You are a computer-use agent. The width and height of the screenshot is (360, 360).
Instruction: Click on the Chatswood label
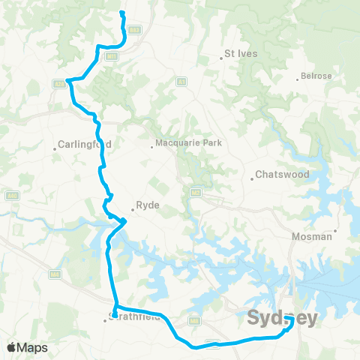tap(282, 175)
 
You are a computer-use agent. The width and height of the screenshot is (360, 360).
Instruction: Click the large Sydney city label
tap(283, 318)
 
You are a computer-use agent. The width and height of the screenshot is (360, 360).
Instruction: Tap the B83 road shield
tap(134, 30)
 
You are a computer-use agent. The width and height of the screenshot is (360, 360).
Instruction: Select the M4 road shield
tap(55, 274)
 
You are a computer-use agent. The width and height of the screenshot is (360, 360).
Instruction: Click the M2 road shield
tap(196, 192)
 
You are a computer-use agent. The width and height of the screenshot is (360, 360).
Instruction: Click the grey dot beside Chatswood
tap(252, 178)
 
